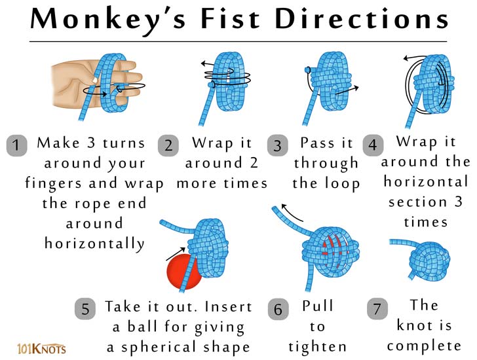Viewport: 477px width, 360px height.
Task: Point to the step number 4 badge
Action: tap(373, 145)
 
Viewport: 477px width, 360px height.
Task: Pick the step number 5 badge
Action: tap(85, 309)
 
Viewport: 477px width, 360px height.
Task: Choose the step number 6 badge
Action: tap(278, 309)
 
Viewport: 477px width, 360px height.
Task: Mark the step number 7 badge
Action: tap(377, 309)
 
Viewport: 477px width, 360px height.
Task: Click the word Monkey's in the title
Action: tap(108, 20)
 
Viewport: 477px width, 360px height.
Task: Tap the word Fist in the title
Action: tap(230, 18)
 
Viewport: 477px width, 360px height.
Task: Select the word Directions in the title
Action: tap(362, 18)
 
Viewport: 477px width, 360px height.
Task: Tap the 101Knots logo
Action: tap(42, 348)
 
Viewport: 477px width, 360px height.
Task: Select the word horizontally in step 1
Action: tap(94, 243)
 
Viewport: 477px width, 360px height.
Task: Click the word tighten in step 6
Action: tap(318, 347)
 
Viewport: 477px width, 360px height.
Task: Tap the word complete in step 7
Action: tap(424, 346)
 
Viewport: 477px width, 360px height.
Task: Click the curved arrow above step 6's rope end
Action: tap(292, 212)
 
